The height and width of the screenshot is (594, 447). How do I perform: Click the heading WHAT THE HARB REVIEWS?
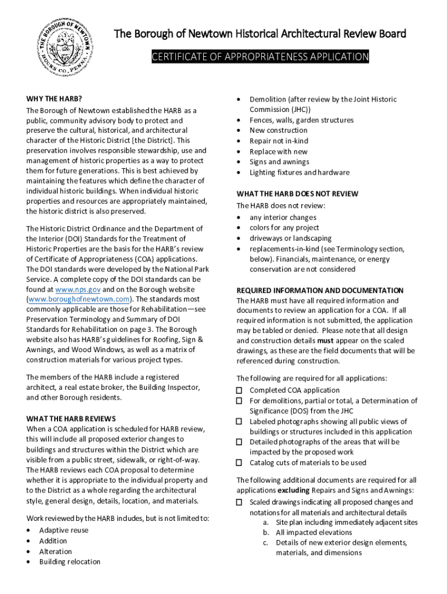pyautogui.click(x=71, y=418)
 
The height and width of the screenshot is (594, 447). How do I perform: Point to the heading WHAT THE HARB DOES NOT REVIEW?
pyautogui.click(x=297, y=194)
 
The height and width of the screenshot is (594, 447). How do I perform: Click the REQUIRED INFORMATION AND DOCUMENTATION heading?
pyautogui.click(x=320, y=290)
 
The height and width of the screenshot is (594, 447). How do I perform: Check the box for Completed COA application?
pyautogui.click(x=239, y=390)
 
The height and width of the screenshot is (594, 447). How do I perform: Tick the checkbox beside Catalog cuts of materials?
pyautogui.click(x=239, y=463)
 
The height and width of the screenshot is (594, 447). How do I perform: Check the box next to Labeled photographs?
pyautogui.click(x=239, y=422)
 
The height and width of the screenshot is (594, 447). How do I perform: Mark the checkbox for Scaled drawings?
pyautogui.click(x=239, y=502)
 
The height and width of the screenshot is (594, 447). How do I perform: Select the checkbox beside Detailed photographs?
pyautogui.click(x=239, y=442)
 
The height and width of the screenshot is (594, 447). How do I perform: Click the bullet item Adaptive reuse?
pyautogui.click(x=64, y=530)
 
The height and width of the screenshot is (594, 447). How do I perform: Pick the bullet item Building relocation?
pyautogui.click(x=70, y=562)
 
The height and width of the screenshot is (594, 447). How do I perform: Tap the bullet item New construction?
pyautogui.click(x=279, y=131)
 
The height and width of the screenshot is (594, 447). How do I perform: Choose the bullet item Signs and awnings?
pyautogui.click(x=279, y=162)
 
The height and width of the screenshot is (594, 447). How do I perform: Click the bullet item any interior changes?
pyautogui.click(x=283, y=218)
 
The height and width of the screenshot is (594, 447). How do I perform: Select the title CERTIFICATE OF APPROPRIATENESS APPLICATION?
pyautogui.click(x=260, y=57)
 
